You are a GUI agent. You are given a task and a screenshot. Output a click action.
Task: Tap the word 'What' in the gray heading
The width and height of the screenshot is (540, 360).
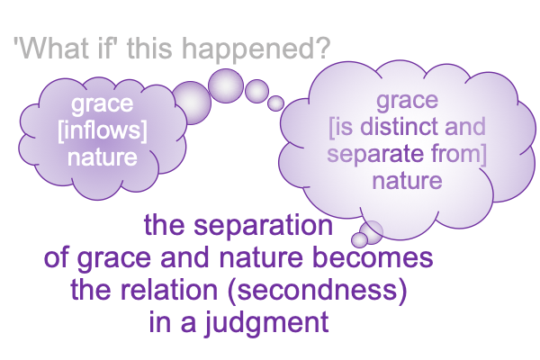coord(49,48)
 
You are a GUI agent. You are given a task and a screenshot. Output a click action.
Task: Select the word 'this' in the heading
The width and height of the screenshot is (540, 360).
coord(149,48)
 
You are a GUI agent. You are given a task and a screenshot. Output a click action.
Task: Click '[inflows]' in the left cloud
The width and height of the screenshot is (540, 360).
coord(103,130)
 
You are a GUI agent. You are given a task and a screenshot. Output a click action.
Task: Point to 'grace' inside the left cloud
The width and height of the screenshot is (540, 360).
coord(103,104)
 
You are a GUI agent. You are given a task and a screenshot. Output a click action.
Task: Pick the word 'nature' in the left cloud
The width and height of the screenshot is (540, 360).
coord(103,157)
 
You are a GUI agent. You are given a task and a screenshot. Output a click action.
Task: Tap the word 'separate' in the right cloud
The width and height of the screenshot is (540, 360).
coord(374,154)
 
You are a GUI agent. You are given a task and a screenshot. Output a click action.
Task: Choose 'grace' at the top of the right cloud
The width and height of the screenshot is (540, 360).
coord(407,101)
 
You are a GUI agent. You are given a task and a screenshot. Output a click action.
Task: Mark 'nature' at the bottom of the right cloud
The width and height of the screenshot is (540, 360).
coord(407,181)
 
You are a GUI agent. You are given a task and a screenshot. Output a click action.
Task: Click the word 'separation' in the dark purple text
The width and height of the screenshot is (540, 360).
coord(263,226)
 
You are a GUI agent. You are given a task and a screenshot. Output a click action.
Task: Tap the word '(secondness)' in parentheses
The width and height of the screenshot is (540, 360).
coord(318,290)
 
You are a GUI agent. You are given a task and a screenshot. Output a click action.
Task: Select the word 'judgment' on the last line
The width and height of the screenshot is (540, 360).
coord(266,322)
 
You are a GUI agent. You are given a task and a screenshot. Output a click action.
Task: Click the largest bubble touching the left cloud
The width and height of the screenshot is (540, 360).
coord(192,103)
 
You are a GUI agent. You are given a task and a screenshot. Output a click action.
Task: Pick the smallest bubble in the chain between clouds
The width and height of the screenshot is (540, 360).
coord(275,103)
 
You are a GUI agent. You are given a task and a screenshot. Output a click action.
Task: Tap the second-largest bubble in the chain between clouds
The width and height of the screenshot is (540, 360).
coord(226,85)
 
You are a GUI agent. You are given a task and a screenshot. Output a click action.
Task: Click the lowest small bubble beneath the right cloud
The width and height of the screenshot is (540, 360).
coord(359,239)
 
